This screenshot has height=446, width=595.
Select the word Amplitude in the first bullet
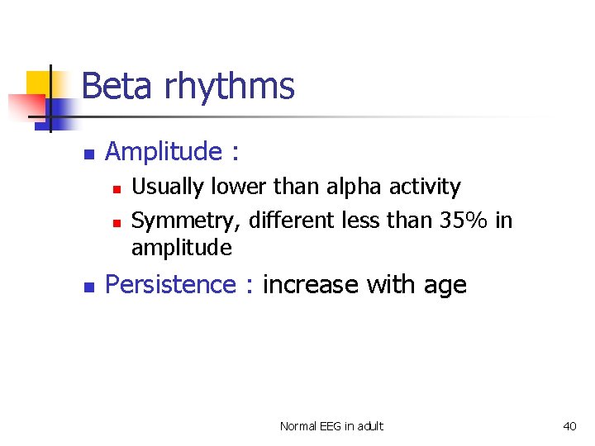164,152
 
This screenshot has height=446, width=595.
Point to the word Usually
169,187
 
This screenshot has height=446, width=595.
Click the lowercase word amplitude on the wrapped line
182,249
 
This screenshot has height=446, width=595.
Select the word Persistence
171,285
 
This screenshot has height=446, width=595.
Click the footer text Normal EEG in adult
331,426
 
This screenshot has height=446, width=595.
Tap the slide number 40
569,426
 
